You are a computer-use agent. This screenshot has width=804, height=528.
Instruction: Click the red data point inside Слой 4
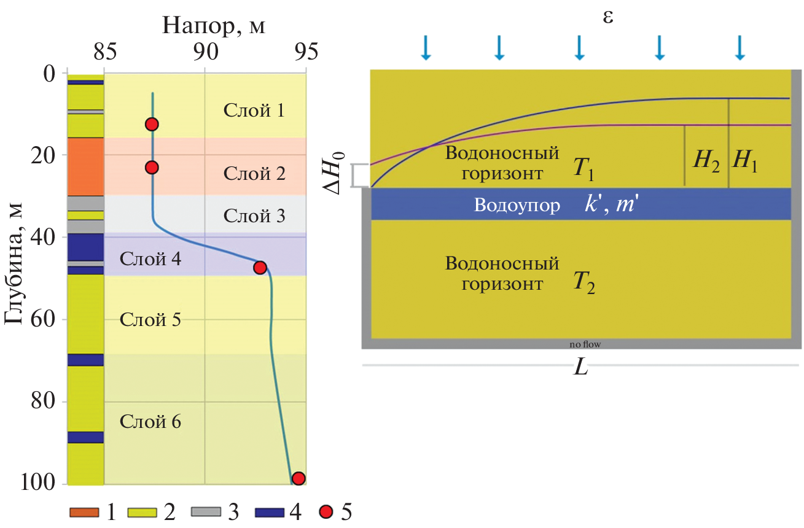(260, 268)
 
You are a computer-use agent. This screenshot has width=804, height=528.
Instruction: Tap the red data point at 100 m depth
(299, 478)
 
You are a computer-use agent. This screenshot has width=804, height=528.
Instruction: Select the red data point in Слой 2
(152, 167)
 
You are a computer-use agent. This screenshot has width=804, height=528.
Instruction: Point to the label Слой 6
(150, 422)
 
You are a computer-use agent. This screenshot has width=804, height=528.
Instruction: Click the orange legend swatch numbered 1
(86, 511)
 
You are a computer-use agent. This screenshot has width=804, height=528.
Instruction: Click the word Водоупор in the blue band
(517, 205)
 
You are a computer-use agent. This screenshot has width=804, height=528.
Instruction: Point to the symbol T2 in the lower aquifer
(584, 284)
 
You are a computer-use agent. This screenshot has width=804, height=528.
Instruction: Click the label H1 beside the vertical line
(744, 161)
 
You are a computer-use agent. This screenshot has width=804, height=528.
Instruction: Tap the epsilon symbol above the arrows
(607, 17)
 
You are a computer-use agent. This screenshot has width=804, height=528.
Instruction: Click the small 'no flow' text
(585, 344)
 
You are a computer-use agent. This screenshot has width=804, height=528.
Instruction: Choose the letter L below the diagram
(580, 368)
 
